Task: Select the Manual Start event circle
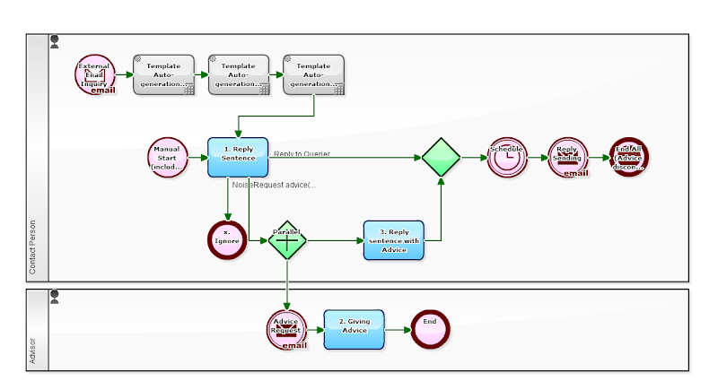click(x=168, y=158)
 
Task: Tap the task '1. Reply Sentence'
click(x=238, y=158)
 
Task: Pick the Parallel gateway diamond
click(x=287, y=239)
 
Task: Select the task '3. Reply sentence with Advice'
click(x=393, y=239)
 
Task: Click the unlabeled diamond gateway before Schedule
click(x=441, y=158)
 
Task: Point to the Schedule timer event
click(x=507, y=158)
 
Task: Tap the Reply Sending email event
click(x=567, y=158)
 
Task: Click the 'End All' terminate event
click(x=628, y=158)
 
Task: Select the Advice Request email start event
click(x=285, y=329)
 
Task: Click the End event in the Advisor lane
click(x=430, y=329)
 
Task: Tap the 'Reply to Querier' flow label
click(x=302, y=153)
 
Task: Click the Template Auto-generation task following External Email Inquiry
click(x=163, y=74)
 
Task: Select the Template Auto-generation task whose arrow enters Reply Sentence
click(x=313, y=74)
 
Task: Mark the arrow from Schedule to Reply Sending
click(x=537, y=158)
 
